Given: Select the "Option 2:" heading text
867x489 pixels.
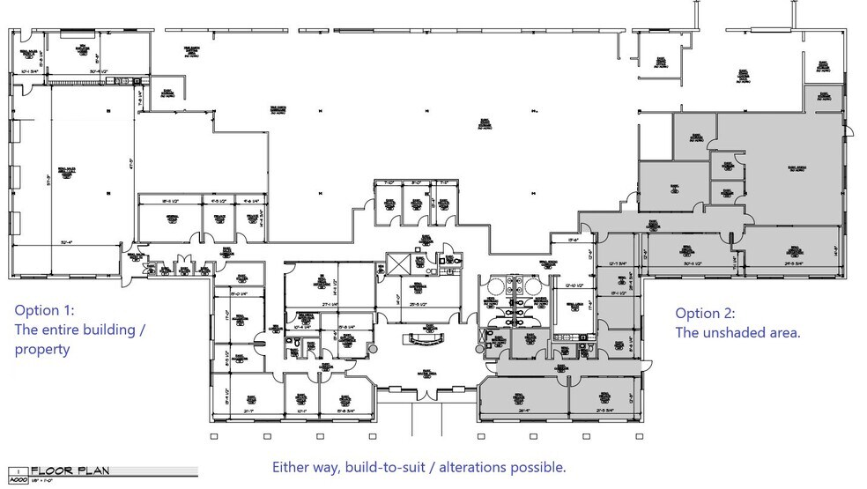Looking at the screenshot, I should click(x=705, y=314).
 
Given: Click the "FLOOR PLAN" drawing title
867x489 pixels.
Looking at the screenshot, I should click(x=70, y=470).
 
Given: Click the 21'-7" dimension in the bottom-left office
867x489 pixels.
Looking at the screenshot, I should click(x=248, y=411).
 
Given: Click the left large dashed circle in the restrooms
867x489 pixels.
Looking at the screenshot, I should click(x=495, y=284).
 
